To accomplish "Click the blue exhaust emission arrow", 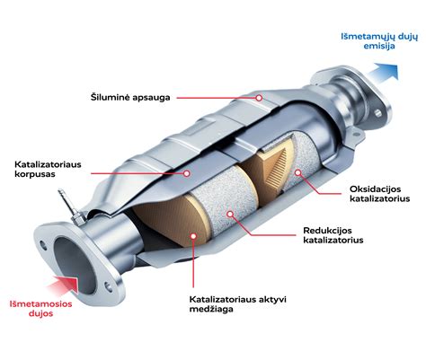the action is [x=384, y=74].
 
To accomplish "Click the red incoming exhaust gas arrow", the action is [x=64, y=285].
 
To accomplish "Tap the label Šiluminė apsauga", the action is [x=130, y=98].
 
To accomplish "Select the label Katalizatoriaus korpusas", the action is [x=48, y=169].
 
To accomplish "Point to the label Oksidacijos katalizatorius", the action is [x=379, y=194].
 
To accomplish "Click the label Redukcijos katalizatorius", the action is [x=333, y=235].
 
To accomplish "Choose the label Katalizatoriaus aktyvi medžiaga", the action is [x=238, y=304].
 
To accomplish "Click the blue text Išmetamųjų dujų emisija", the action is [x=379, y=41].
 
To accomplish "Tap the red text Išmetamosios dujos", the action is [x=40, y=309].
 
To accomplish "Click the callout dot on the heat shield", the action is [x=259, y=98].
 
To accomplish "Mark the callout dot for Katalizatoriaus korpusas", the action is [x=187, y=173].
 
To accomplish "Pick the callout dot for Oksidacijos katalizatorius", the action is [x=297, y=172].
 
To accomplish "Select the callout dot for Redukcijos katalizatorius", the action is [x=230, y=214].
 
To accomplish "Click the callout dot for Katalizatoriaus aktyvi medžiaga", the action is [x=193, y=236].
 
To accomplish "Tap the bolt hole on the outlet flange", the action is [x=378, y=113].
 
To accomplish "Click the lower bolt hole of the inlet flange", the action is [x=109, y=286].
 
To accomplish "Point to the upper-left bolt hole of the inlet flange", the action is [x=44, y=246].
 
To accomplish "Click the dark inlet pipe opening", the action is [x=75, y=266].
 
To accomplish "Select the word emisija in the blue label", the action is [x=379, y=46].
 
